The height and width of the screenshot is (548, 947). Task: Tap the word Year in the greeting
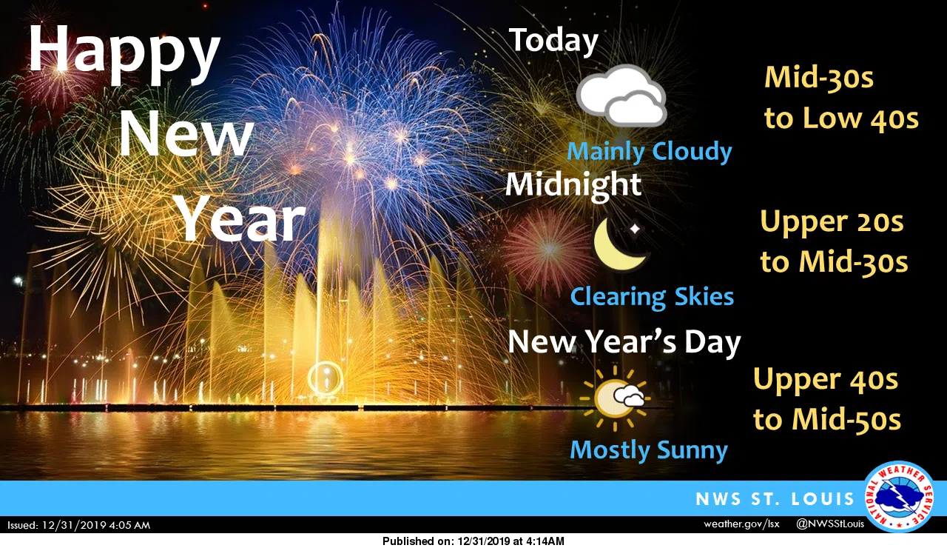[240, 218]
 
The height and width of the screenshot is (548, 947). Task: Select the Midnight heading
[573, 185]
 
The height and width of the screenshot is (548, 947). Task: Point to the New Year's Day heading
[624, 342]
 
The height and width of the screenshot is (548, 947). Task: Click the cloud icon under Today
[621, 96]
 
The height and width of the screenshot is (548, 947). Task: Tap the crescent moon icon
[621, 244]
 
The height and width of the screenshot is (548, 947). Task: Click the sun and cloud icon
[615, 398]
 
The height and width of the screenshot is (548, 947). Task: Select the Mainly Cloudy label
[650, 152]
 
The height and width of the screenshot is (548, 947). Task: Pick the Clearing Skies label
[652, 297]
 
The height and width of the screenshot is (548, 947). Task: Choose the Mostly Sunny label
[649, 450]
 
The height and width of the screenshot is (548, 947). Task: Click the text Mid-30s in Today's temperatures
[819, 78]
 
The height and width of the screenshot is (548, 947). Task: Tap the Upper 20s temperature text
[832, 222]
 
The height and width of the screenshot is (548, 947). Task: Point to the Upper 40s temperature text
[825, 379]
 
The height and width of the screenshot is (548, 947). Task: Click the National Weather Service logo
[900, 497]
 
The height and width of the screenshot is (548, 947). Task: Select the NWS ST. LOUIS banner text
[775, 499]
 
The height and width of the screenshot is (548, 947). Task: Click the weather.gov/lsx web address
[741, 524]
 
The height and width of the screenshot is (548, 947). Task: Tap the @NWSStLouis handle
[830, 524]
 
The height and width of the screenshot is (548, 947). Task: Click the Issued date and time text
[78, 526]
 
